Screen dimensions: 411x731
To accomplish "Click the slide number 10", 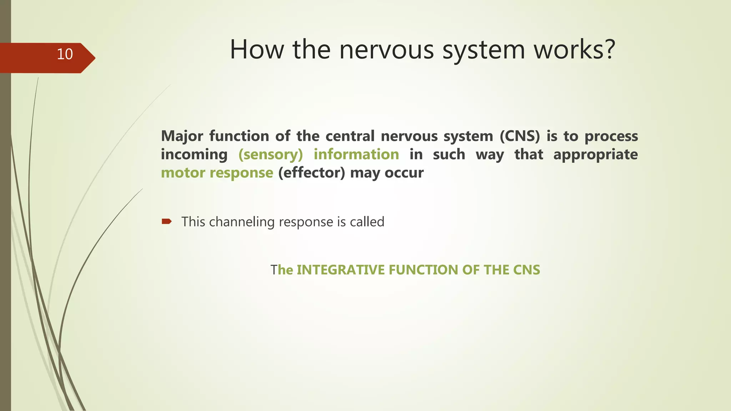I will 65,54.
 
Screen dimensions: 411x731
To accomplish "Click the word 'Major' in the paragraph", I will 182,136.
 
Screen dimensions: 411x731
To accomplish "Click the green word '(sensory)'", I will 271,154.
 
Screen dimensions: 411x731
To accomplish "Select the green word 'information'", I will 356,154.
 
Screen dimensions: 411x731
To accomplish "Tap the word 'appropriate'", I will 595,154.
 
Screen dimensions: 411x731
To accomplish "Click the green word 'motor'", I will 183,173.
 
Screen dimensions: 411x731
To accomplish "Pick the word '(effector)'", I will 312,173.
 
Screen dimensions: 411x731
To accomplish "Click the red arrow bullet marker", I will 167,222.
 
